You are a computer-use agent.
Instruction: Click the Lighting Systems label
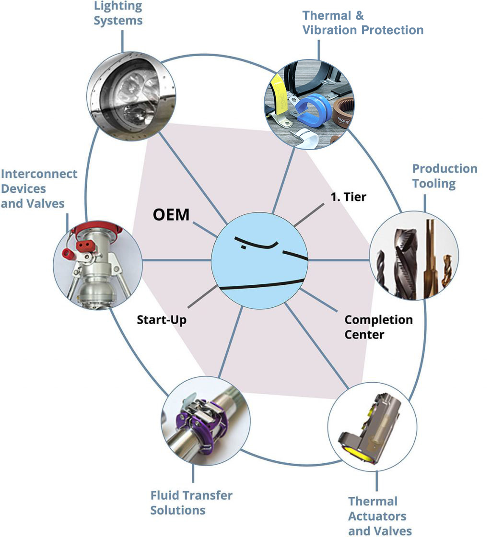[118, 13]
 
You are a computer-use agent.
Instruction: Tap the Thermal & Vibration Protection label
[362, 23]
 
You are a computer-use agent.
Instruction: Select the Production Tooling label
[444, 176]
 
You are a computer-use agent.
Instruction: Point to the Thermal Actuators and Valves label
[379, 516]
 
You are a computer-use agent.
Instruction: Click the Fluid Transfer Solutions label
[191, 502]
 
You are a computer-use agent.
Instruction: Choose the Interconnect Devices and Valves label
[38, 188]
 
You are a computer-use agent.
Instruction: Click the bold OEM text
[171, 214]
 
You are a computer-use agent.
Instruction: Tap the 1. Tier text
[348, 197]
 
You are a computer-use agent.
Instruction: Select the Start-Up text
[162, 319]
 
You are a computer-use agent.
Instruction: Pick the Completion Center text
[378, 327]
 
